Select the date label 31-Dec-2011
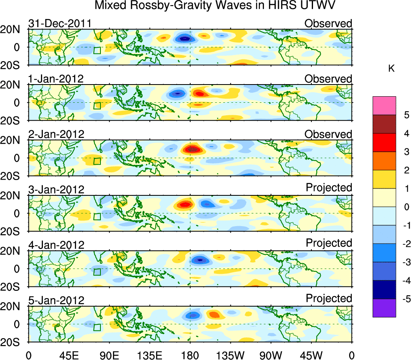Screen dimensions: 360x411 click(60, 23)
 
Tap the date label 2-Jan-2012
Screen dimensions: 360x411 click(56, 134)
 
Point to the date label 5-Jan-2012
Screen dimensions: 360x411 click(56, 301)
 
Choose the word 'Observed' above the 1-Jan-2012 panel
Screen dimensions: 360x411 click(328, 79)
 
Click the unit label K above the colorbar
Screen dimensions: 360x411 click(391, 69)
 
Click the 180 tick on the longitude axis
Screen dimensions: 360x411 click(190, 355)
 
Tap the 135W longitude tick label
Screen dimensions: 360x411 click(230, 355)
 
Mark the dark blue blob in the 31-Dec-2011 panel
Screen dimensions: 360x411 click(185, 39)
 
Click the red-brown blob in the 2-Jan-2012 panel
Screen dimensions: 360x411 click(193, 149)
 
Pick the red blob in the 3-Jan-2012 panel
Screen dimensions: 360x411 click(185, 204)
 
